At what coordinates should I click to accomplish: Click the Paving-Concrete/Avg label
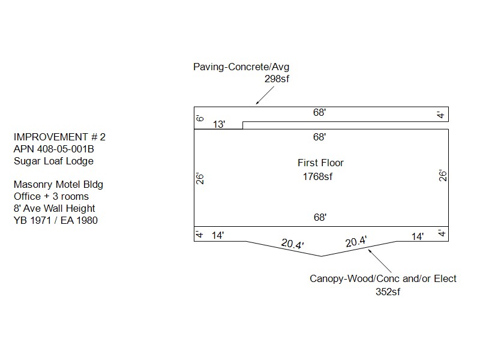pyautogui.click(x=241, y=67)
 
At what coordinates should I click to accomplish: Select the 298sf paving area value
pyautogui.click(x=277, y=79)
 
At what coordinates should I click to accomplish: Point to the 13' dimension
pyautogui.click(x=220, y=125)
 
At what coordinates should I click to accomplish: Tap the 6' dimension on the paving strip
pyautogui.click(x=200, y=118)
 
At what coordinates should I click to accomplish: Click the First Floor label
pyautogui.click(x=320, y=163)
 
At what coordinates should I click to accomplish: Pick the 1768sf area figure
pyautogui.click(x=318, y=177)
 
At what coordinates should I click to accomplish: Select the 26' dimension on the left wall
pyautogui.click(x=200, y=178)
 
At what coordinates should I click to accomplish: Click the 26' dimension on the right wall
pyautogui.click(x=443, y=176)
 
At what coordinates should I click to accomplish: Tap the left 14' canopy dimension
pyautogui.click(x=218, y=236)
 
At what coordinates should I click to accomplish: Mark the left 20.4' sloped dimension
pyautogui.click(x=293, y=245)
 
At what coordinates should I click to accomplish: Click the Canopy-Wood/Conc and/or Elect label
pyautogui.click(x=383, y=278)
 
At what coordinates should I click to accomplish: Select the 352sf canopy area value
pyautogui.click(x=388, y=292)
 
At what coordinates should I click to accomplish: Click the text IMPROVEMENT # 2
pyautogui.click(x=59, y=137)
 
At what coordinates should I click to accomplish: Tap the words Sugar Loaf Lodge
pyautogui.click(x=54, y=161)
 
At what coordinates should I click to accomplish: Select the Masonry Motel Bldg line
pyautogui.click(x=58, y=184)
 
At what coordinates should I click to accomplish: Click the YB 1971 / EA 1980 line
pyautogui.click(x=56, y=220)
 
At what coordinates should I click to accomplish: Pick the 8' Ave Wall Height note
pyautogui.click(x=54, y=208)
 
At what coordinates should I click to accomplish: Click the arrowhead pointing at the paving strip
pyautogui.click(x=257, y=103)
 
